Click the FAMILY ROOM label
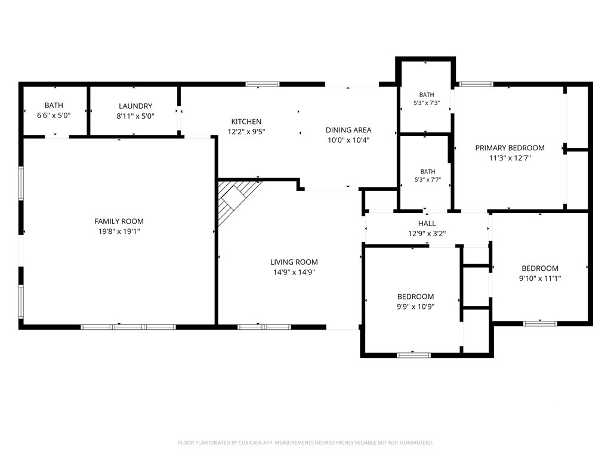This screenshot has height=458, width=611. point(119,221)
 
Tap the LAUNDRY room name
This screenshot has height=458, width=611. point(135,106)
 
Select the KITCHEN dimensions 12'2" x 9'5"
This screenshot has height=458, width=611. point(246,132)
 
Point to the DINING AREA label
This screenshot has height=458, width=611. point(348,130)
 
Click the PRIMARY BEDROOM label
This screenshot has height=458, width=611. point(510,148)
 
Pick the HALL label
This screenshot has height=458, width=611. point(427,224)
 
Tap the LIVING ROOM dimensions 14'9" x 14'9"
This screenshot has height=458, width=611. point(294,272)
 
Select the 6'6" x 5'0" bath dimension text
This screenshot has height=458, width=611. point(54,115)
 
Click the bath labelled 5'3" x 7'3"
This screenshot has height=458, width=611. point(427,99)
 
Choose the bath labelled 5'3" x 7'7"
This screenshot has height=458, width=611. point(427,176)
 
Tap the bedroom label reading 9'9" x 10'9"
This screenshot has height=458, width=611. point(415,301)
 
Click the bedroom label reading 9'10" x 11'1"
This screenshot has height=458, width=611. point(539,273)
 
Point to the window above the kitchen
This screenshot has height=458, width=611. point(263,84)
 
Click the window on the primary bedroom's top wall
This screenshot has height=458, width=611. point(476,84)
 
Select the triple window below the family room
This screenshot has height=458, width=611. point(128,327)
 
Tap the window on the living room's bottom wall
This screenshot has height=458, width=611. point(264,327)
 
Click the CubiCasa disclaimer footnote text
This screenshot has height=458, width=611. point(305,442)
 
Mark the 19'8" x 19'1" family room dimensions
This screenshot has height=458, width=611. point(119,231)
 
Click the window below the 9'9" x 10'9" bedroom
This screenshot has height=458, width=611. point(414,355)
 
